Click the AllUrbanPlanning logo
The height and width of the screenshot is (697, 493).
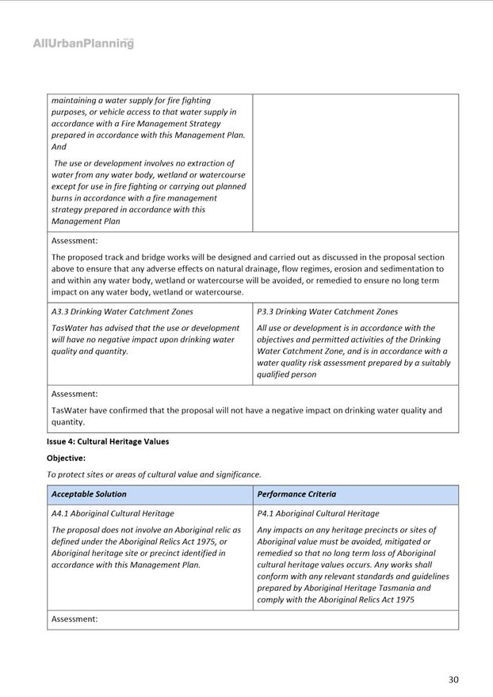(83, 44)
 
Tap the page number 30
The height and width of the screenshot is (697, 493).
(453, 680)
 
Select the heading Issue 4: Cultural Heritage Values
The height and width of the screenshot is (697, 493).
(108, 441)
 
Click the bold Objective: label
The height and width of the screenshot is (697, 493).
(66, 458)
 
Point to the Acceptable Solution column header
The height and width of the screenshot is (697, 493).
(89, 494)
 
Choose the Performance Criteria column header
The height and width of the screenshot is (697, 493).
(296, 494)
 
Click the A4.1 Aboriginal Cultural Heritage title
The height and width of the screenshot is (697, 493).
(113, 513)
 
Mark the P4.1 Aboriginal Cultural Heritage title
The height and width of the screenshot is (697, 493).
(318, 513)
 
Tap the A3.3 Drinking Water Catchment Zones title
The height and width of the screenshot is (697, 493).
(122, 311)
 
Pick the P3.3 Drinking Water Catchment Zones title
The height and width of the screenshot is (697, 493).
(327, 311)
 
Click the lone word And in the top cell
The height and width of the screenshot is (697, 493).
(59, 147)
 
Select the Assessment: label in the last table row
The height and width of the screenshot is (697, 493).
(75, 619)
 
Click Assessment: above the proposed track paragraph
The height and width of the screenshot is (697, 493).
(75, 241)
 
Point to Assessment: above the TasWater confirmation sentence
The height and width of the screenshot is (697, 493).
(75, 394)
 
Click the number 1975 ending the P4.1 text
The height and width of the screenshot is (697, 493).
(403, 600)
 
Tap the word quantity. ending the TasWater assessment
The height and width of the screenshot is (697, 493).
(68, 422)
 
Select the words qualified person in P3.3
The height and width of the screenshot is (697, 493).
(286, 375)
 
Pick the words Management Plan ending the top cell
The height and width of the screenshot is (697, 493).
(86, 222)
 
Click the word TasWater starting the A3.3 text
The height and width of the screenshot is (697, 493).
(71, 328)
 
